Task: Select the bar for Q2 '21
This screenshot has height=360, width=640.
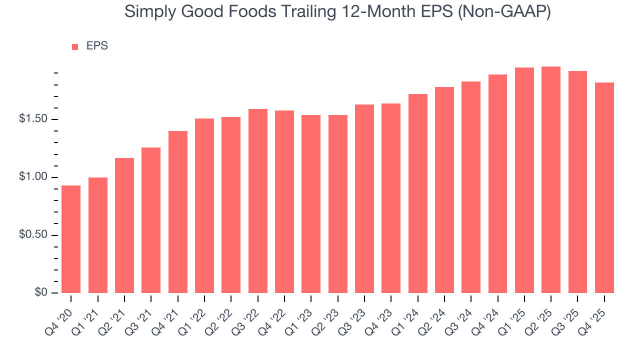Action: click(124, 225)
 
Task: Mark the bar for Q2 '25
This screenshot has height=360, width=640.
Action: click(551, 180)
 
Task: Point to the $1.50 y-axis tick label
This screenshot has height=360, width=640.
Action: click(34, 119)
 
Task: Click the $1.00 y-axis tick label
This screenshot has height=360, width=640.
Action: click(34, 177)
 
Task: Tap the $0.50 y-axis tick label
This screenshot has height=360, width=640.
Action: click(34, 235)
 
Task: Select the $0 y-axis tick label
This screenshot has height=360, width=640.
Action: click(40, 293)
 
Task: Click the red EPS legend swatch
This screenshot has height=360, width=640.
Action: click(75, 46)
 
